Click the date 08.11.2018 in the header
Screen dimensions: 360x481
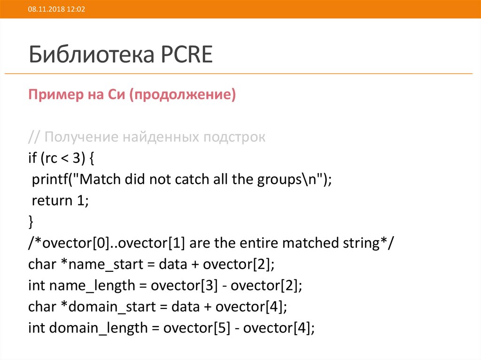point(43,9)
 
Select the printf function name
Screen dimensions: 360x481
point(50,180)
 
